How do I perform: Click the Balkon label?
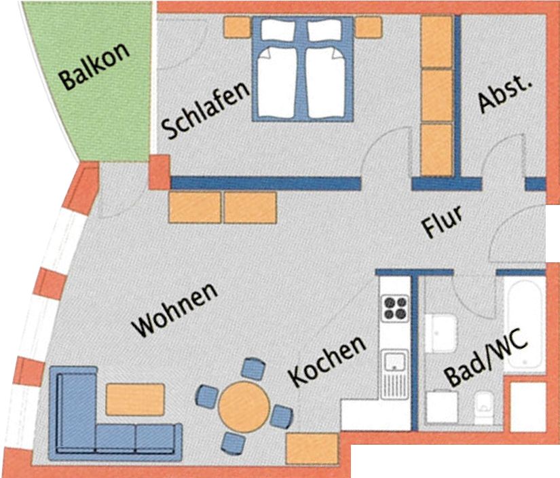(95, 66)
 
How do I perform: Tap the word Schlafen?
(206, 110)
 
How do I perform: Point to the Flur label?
(442, 221)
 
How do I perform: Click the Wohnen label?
(174, 310)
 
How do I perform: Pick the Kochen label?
(326, 360)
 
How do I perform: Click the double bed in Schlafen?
(303, 69)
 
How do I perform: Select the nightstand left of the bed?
(237, 27)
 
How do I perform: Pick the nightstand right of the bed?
(369, 27)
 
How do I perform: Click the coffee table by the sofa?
(135, 399)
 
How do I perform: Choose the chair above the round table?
(254, 368)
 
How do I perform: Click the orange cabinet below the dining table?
(312, 448)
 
